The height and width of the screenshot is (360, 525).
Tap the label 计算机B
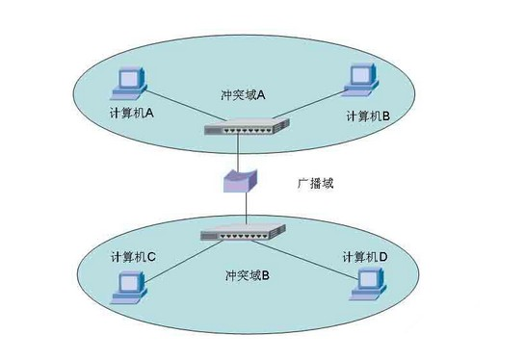367,116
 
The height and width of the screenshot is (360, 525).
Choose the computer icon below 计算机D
366,283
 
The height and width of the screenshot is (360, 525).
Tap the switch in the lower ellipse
243,232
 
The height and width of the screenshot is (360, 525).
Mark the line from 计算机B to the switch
308,107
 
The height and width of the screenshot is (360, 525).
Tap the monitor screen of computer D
368,278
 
